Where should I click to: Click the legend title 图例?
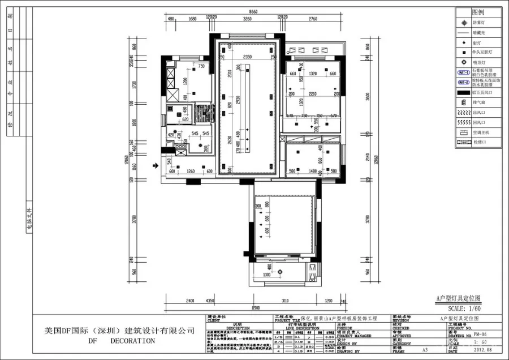pyautogui.click(x=478, y=12)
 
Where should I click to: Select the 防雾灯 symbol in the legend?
pyautogui.click(x=463, y=23)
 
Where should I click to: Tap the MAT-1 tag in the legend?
pyautogui.click(x=463, y=72)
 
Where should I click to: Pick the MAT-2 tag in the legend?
pyautogui.click(x=463, y=82)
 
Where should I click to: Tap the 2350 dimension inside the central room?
pyautogui.click(x=247, y=57)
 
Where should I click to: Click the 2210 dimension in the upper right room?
pyautogui.click(x=312, y=95)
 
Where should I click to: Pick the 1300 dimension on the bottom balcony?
pyautogui.click(x=269, y=275)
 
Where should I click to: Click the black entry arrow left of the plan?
pyautogui.click(x=156, y=166)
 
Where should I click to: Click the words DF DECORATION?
pyautogui.click(x=121, y=341)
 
